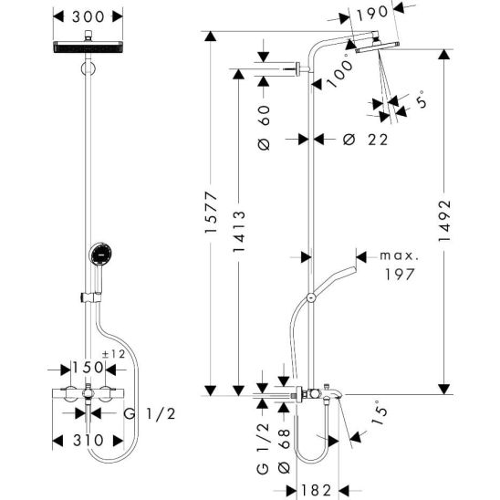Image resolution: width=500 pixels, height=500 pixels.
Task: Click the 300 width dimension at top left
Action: [89, 16]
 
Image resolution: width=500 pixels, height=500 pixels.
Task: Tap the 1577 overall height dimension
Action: [211, 212]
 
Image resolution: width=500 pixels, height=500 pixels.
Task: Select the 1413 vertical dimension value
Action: [239, 231]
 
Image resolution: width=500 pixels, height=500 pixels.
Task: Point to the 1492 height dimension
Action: [444, 221]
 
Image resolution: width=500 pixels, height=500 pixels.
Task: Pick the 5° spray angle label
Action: [422, 99]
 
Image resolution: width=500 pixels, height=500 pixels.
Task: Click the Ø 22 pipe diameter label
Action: [366, 140]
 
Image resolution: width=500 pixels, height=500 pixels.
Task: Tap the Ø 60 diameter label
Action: [265, 127]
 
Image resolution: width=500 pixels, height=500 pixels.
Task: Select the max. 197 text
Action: [400, 266]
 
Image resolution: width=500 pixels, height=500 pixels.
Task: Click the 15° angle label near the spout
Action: [380, 412]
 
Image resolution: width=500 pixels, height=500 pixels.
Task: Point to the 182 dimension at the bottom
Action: [317, 490]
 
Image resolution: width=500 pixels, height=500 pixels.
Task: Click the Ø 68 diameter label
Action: [284, 451]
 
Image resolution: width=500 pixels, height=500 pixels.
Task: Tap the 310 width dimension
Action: [89, 441]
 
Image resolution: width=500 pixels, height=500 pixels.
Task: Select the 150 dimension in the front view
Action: [88, 368]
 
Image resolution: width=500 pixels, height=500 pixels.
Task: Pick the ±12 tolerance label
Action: [113, 354]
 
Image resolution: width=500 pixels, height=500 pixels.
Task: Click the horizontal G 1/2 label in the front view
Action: [150, 414]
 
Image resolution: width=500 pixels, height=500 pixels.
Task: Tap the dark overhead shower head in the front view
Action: [88, 47]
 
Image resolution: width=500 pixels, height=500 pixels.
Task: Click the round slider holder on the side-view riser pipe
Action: [311, 297]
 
